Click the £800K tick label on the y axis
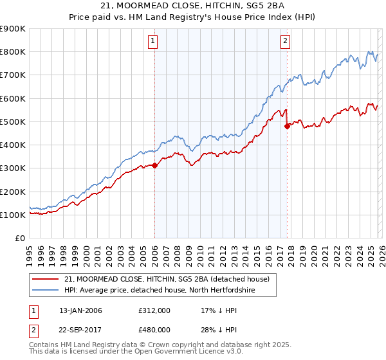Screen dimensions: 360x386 click(13, 52)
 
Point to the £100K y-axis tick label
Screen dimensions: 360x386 click(13, 215)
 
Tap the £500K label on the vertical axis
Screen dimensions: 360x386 click(13, 122)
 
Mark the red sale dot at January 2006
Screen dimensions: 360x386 click(154, 165)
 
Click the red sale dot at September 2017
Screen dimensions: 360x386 click(287, 126)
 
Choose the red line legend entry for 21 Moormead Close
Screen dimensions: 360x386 click(170, 278)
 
